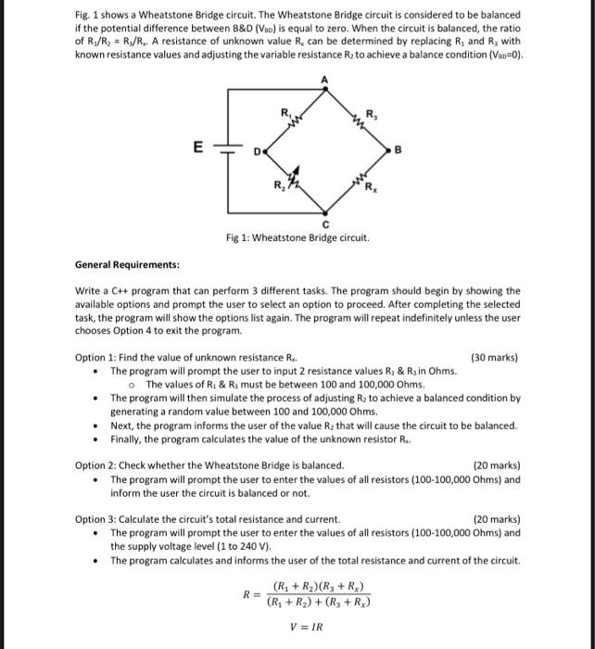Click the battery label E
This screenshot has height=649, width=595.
click(x=196, y=146)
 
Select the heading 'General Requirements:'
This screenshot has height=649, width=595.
click(x=127, y=264)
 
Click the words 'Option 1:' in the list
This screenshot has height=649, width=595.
click(x=100, y=358)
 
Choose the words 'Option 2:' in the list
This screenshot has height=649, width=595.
click(x=100, y=465)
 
